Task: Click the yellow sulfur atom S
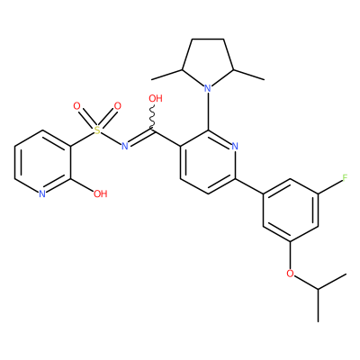(x=97, y=130)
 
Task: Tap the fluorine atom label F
(x=345, y=178)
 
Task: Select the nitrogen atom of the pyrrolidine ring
(x=208, y=88)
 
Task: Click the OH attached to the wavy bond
(x=156, y=98)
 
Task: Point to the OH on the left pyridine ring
(x=100, y=193)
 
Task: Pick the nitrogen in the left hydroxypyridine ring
(x=42, y=193)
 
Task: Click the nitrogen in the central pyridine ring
(x=235, y=147)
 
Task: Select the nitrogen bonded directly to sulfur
(x=125, y=146)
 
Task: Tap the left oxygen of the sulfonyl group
(x=76, y=106)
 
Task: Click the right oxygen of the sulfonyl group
(x=118, y=106)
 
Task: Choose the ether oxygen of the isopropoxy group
(x=290, y=274)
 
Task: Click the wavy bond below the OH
(x=152, y=117)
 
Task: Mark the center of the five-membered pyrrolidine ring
(x=208, y=63)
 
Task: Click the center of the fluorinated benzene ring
(x=291, y=211)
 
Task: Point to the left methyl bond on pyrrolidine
(x=166, y=75)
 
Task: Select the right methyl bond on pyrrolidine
(x=248, y=75)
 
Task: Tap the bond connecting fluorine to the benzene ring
(x=329, y=187)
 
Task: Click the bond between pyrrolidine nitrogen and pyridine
(x=208, y=112)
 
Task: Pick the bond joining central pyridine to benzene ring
(x=249, y=186)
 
